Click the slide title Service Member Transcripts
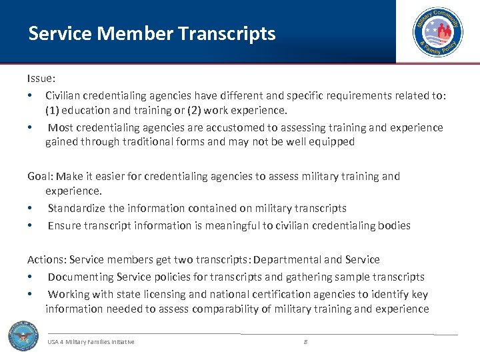[x=151, y=33]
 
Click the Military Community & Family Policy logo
[x=437, y=32]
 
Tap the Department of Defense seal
[x=23, y=335]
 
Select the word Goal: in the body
[x=40, y=177]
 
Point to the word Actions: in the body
[x=47, y=259]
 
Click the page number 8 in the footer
[x=305, y=341]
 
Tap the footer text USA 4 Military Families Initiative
[x=91, y=342]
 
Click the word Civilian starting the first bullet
[x=65, y=95]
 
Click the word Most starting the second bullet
[x=61, y=127]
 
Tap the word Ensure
[x=65, y=225]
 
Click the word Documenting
[x=81, y=277]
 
